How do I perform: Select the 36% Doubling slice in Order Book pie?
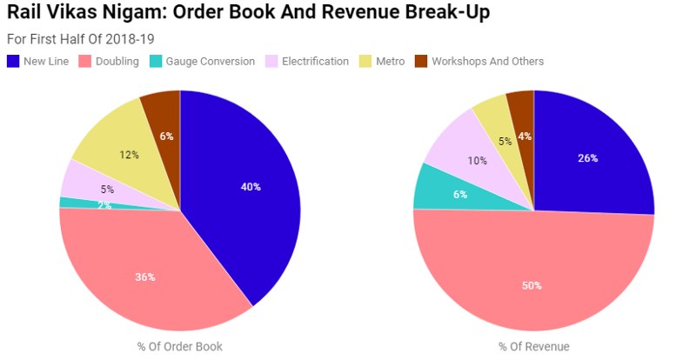click(x=145, y=277)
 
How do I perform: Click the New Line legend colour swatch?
click(x=13, y=61)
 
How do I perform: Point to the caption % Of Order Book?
click(x=179, y=346)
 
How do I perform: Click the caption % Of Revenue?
click(x=533, y=346)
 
